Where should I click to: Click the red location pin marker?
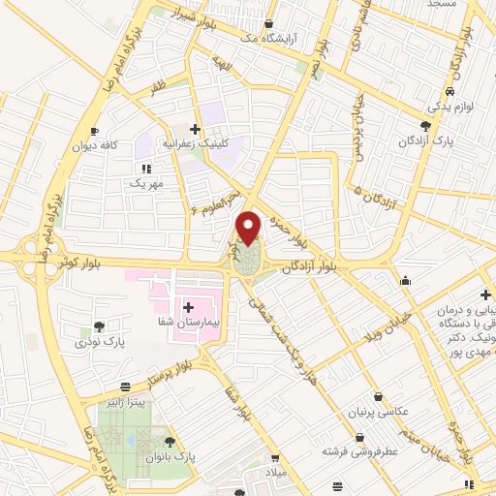tap(250, 227)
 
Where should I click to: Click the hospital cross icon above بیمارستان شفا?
tap(190, 307)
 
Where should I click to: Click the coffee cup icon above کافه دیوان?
tap(94, 131)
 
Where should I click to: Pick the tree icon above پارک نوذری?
tap(100, 327)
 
